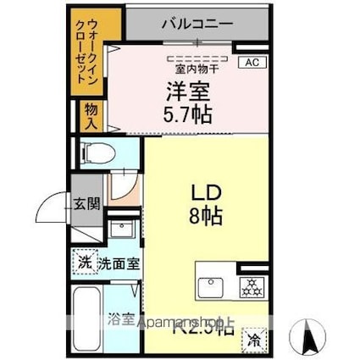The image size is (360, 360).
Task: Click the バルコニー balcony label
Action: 197,24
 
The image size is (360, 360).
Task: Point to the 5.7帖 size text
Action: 189,111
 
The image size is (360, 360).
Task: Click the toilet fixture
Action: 96,152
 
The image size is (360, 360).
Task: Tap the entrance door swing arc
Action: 53,212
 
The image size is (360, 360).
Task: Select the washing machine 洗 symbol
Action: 86,263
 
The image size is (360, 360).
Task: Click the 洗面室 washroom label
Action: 119,263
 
